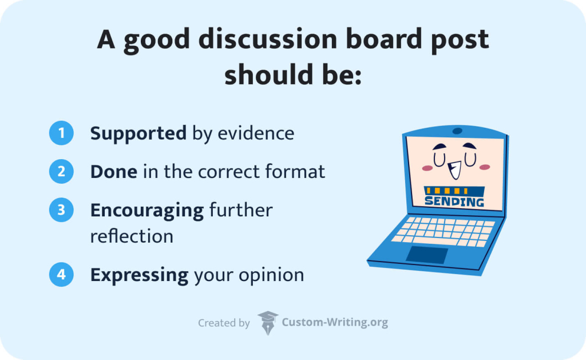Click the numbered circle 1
click(62, 133)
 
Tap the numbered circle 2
click(62, 172)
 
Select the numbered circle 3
click(62, 210)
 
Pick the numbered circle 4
click(62, 275)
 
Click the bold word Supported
click(138, 134)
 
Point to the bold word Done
click(113, 172)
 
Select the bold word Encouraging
click(147, 211)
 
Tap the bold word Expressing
click(139, 275)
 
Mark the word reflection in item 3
click(132, 236)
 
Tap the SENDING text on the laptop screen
click(454, 201)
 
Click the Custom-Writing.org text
click(335, 323)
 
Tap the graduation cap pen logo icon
click(267, 323)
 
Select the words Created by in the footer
click(224, 323)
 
